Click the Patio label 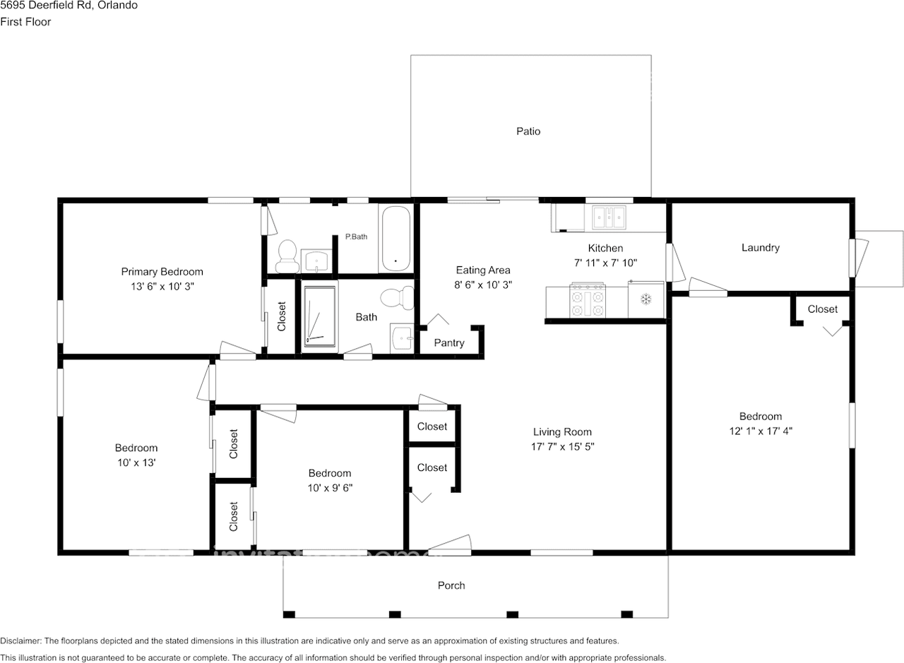tap(528, 131)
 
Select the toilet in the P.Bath tap(287, 256)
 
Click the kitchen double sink tap(609, 217)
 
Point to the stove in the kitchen tap(588, 301)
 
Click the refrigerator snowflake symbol tap(646, 299)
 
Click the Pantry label tap(449, 343)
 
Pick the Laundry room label tap(760, 248)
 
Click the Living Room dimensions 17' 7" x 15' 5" tap(562, 446)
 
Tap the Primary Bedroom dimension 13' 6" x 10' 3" tap(162, 286)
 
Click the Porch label tap(451, 585)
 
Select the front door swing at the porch tap(450, 542)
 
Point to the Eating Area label tap(482, 270)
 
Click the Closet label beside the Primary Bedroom tap(282, 317)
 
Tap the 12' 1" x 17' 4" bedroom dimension tap(760, 431)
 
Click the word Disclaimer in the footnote tap(20, 641)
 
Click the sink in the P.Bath tap(316, 261)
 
